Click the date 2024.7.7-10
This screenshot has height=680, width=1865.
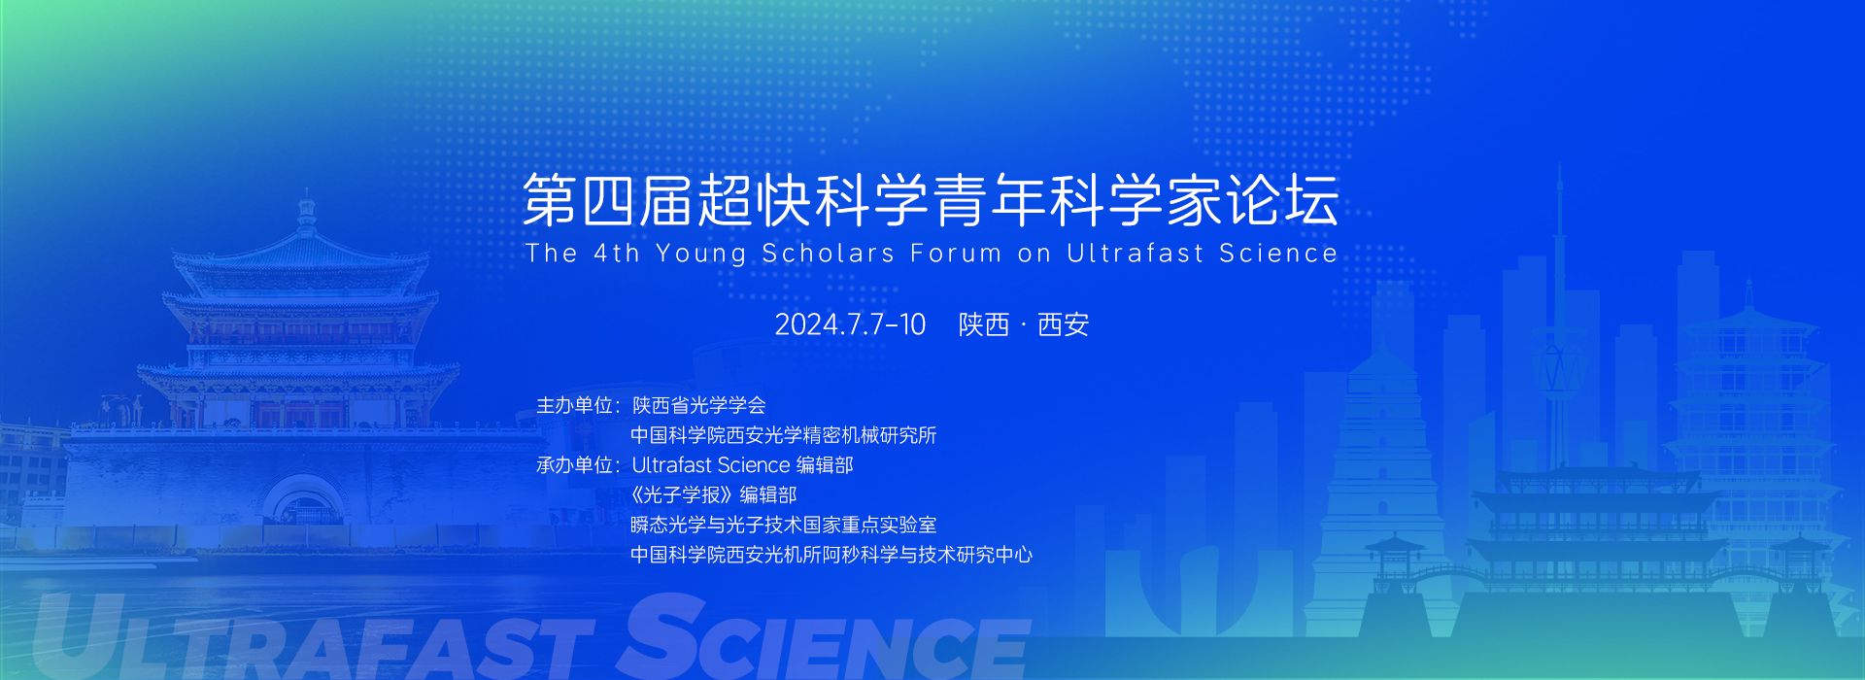pyautogui.click(x=850, y=324)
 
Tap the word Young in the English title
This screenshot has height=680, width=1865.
pyautogui.click(x=701, y=255)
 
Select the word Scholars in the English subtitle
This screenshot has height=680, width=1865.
pyautogui.click(x=828, y=254)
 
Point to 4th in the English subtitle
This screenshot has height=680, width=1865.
pyautogui.click(x=617, y=254)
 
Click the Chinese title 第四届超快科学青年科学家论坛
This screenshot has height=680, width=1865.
pyautogui.click(x=931, y=201)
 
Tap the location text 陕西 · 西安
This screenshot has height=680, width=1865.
pyautogui.click(x=1024, y=324)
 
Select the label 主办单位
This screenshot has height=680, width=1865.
pyautogui.click(x=575, y=405)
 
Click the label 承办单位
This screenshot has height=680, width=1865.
pyautogui.click(x=575, y=465)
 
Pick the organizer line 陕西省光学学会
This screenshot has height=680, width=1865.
pyautogui.click(x=698, y=405)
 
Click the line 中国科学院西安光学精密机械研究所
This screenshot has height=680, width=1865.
pyautogui.click(x=783, y=435)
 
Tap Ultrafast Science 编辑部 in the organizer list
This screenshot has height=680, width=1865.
pyautogui.click(x=742, y=465)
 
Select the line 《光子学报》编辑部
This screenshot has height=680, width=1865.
pyautogui.click(x=714, y=495)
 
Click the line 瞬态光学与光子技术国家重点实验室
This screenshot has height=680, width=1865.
pyautogui.click(x=783, y=526)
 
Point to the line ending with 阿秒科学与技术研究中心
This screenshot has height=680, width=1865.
pyautogui.click(x=831, y=555)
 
